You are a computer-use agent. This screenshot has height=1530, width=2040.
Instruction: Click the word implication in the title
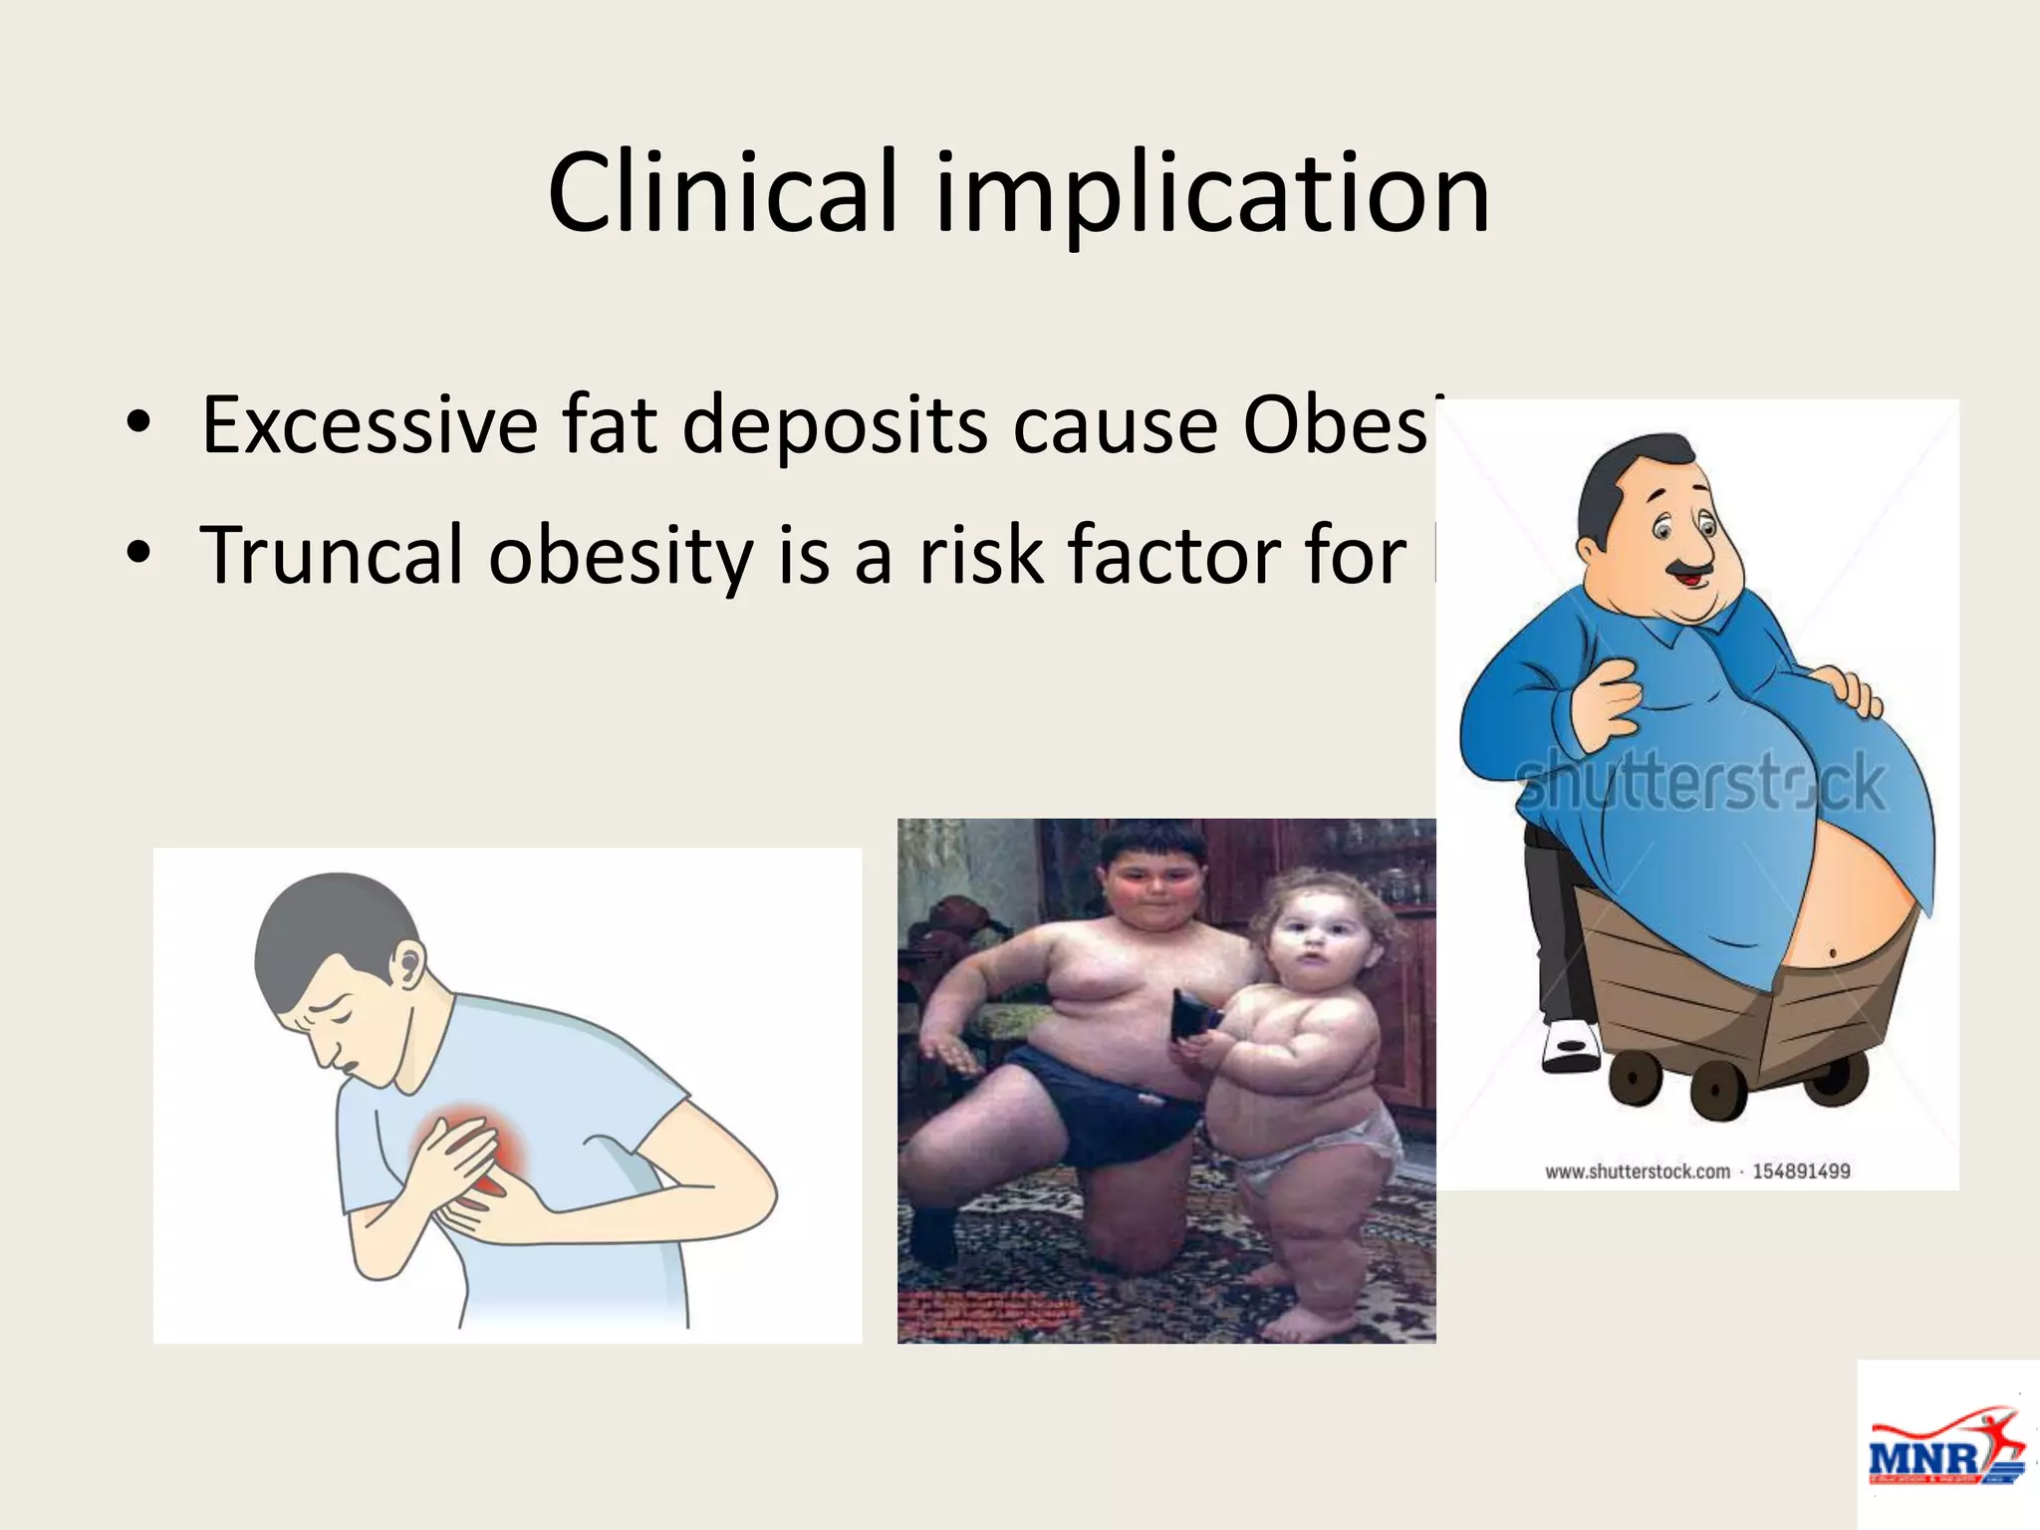[1212, 194]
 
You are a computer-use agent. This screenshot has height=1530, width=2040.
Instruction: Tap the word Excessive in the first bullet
[369, 425]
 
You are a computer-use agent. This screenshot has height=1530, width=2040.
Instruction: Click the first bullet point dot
[138, 422]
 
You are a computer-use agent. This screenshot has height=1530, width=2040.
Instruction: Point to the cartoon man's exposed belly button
[1833, 953]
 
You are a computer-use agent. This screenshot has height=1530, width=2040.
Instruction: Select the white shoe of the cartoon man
[1570, 1046]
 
